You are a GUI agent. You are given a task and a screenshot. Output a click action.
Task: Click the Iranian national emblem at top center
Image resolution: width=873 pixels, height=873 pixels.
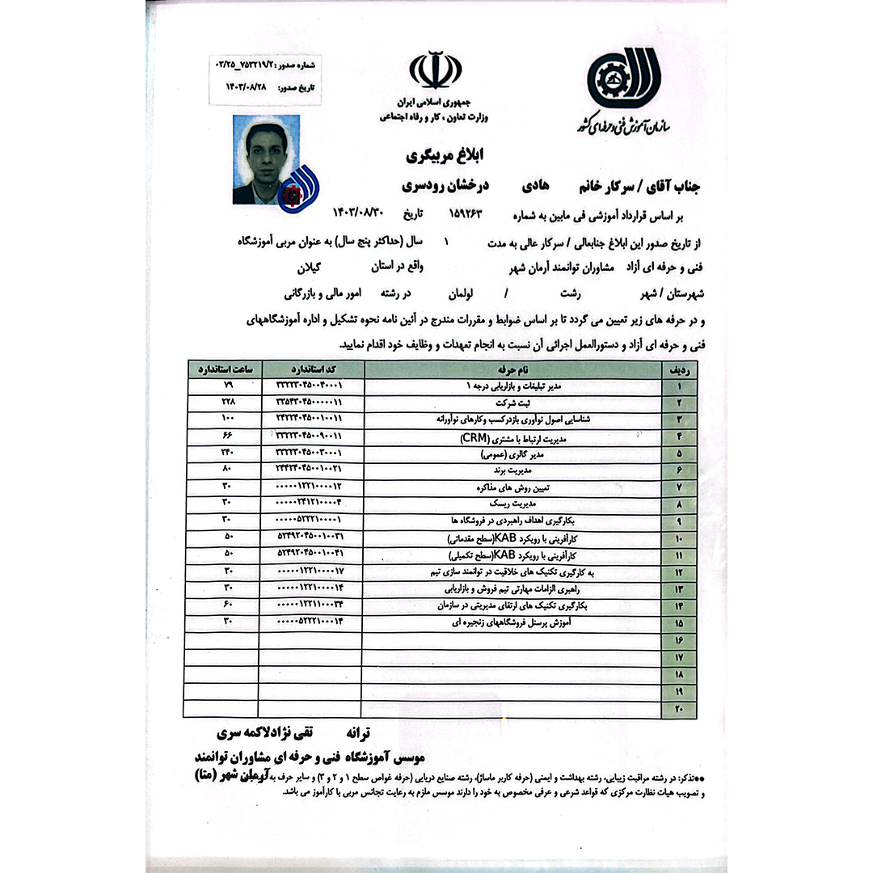pyautogui.click(x=436, y=70)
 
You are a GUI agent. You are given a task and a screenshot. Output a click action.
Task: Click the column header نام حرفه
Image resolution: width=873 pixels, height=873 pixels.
pyautogui.click(x=512, y=369)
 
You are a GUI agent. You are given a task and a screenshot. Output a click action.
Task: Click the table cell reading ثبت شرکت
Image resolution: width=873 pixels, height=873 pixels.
pyautogui.click(x=512, y=402)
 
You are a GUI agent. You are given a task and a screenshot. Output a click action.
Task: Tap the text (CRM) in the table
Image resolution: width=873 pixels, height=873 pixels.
pyautogui.click(x=479, y=438)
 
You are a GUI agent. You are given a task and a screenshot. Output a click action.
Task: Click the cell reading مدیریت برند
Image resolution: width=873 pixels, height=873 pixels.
pyautogui.click(x=512, y=469)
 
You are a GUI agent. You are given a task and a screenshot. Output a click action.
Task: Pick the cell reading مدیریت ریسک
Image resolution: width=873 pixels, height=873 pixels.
pyautogui.click(x=512, y=502)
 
